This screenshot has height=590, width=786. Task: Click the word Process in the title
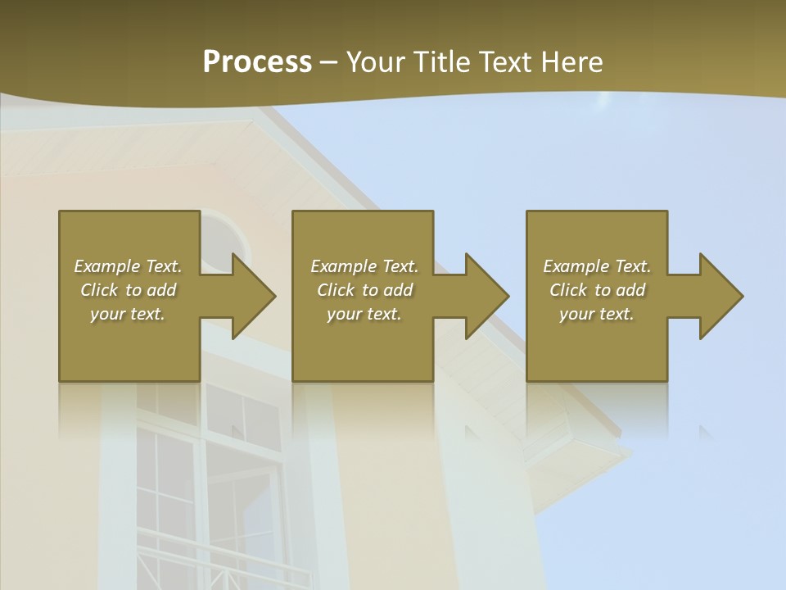(x=257, y=62)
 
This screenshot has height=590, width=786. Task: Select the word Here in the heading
(x=570, y=62)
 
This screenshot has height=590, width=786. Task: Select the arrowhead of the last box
(x=720, y=297)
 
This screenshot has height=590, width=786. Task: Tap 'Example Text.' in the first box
(x=128, y=266)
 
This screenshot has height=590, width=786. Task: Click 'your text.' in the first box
(x=128, y=314)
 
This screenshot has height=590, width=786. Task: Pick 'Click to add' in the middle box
(x=364, y=290)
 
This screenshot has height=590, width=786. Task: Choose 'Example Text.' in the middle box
(x=364, y=266)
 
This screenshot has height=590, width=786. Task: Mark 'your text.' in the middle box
(x=364, y=314)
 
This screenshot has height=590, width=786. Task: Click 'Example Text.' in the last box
(x=597, y=266)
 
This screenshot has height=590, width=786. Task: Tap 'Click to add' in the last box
(x=597, y=290)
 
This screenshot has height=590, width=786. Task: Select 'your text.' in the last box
(x=597, y=314)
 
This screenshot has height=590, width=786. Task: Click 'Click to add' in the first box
(x=128, y=290)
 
